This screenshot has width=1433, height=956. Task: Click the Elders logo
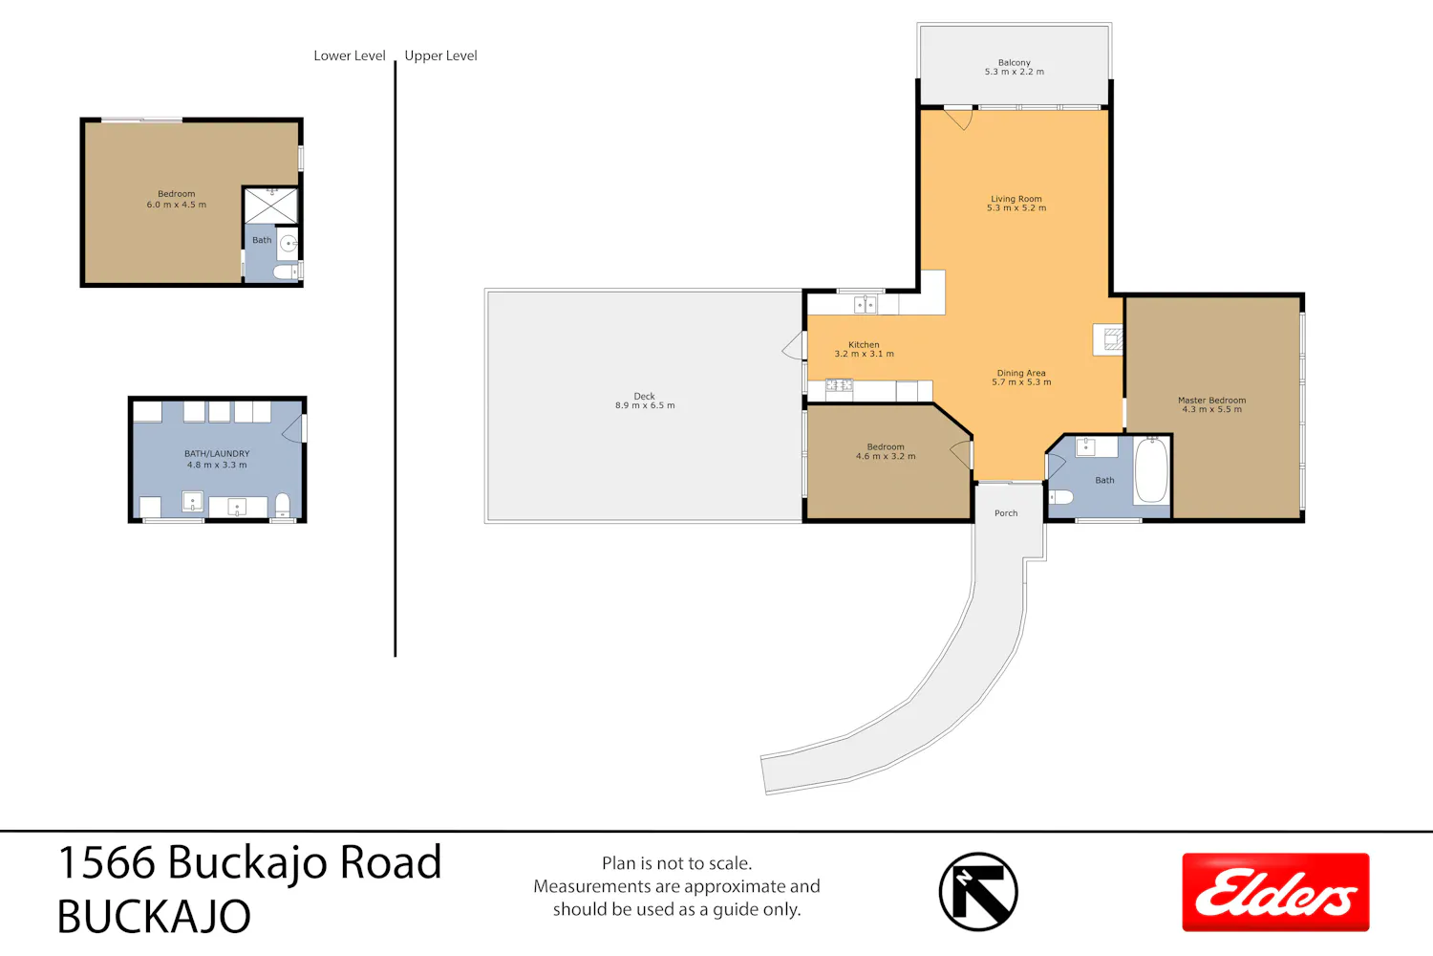pos(1275,892)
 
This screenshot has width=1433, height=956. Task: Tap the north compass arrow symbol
pos(978,891)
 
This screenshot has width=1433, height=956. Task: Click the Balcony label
pos(1014,67)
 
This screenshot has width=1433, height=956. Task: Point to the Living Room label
pos(1016,203)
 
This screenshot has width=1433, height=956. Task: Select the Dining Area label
pos(1021,378)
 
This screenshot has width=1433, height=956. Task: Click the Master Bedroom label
pos(1211,404)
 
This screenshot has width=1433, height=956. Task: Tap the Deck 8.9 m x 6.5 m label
pos(645,401)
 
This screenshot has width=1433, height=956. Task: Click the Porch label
pos(1006,513)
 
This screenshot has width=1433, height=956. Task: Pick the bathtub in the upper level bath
pos(1151,470)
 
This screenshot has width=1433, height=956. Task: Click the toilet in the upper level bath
pos(1060,496)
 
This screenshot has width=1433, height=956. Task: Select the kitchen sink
pos(865,304)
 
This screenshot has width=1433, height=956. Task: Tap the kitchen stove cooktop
pos(839,385)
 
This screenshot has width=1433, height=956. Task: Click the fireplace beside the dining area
pos(1108,339)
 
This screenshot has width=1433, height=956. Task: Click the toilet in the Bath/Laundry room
pos(282,505)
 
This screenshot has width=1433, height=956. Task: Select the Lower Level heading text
pos(350,55)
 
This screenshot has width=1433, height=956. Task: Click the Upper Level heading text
pos(440,55)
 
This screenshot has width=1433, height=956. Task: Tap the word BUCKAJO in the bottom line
pos(154,916)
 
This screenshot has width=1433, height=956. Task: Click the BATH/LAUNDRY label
pos(217,453)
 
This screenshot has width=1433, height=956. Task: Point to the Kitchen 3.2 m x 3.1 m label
pos(865,349)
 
